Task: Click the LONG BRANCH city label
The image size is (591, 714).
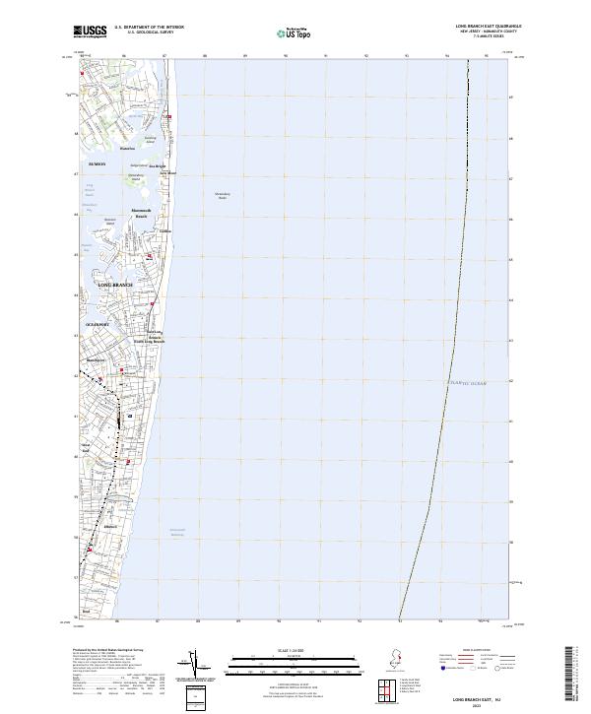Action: tap(114, 285)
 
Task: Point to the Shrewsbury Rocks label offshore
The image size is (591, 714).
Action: tap(222, 197)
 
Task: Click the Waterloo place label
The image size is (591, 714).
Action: tap(125, 149)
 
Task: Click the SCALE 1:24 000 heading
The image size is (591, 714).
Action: tap(291, 650)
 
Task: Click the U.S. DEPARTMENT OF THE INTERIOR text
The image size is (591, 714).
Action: tap(148, 27)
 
